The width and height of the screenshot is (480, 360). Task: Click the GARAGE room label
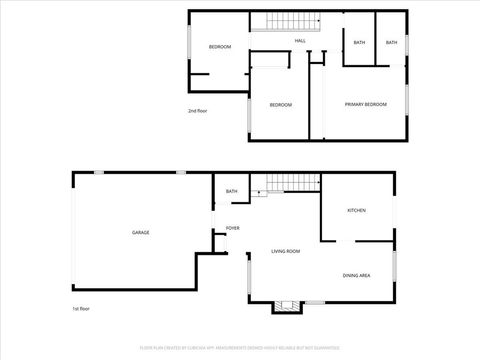point(140,232)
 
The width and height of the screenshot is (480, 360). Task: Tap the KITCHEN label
point(356,210)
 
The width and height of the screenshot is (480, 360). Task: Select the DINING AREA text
point(357,274)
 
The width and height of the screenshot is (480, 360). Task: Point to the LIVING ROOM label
point(286,251)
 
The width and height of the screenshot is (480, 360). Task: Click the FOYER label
point(232,228)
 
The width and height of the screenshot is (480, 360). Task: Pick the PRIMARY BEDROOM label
point(365,104)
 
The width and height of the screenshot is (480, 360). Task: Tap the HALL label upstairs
point(299,41)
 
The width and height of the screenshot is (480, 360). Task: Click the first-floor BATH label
point(231,191)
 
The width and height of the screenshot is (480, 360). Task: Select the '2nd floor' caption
point(199,110)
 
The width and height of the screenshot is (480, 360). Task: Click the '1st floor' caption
point(81,310)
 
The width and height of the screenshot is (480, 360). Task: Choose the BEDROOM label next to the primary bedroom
point(280,105)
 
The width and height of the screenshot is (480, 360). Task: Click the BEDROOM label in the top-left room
point(219,47)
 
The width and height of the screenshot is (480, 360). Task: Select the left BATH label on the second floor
point(359,42)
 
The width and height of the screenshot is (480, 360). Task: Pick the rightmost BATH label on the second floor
point(391,42)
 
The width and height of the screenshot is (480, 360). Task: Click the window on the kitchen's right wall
point(393,206)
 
